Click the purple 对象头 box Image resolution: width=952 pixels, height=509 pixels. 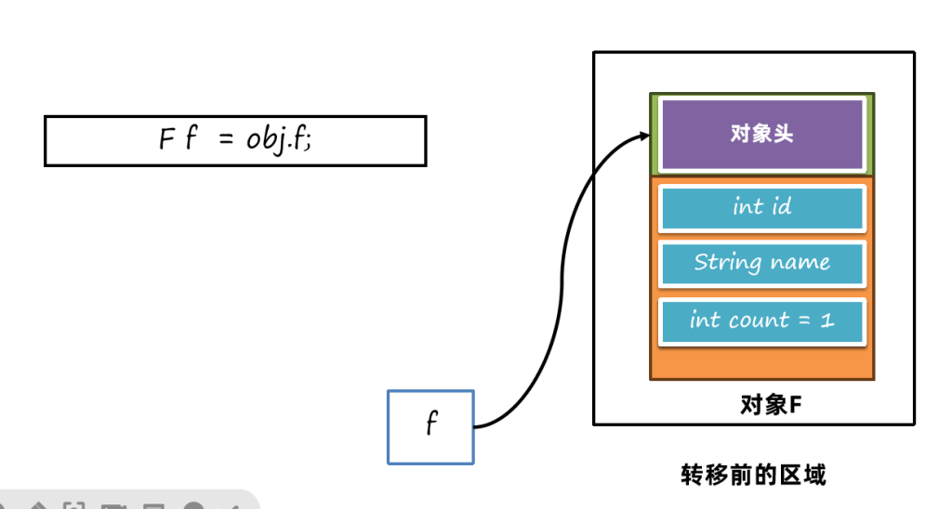coord(762,134)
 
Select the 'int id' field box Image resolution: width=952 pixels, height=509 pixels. coord(762,207)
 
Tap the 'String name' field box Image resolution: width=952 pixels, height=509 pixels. coord(762,263)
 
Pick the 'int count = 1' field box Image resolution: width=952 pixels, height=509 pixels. coord(762,320)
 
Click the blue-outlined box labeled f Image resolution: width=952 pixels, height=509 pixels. coord(430,426)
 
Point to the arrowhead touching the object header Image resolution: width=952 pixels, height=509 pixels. coord(643,137)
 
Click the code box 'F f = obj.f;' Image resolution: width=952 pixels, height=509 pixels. coord(235,140)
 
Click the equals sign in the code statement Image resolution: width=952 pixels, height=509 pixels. coord(224,140)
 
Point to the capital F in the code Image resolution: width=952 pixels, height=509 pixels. coord(166,140)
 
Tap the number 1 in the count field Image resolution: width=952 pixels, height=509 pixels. coord(827,320)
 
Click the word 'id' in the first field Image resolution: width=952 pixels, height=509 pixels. coord(782,207)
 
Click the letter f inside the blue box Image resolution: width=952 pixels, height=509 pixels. coord(430,425)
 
